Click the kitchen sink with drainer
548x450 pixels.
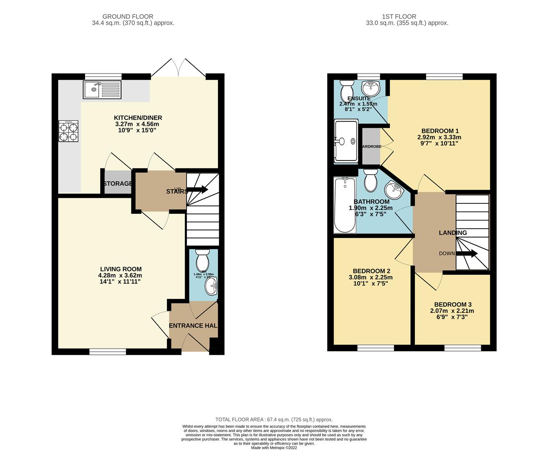click(102, 90)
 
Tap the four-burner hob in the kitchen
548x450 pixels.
click(69, 131)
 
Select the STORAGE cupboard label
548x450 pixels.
click(118, 184)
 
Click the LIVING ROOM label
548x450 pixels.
click(121, 269)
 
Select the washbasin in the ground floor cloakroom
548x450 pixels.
click(211, 287)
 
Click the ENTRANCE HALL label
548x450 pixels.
click(193, 325)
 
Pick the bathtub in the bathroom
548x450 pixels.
click(345, 205)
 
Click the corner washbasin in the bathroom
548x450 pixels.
click(393, 191)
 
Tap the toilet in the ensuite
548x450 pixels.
click(346, 88)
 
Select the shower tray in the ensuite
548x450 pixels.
click(346, 141)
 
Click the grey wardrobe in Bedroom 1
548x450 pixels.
click(371, 146)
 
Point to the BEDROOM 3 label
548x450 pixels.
click(453, 305)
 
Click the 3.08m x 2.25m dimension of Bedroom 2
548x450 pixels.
click(371, 277)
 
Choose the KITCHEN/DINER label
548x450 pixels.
click(138, 118)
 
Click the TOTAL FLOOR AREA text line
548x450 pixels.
click(274, 420)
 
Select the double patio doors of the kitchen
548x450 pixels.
click(179, 69)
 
